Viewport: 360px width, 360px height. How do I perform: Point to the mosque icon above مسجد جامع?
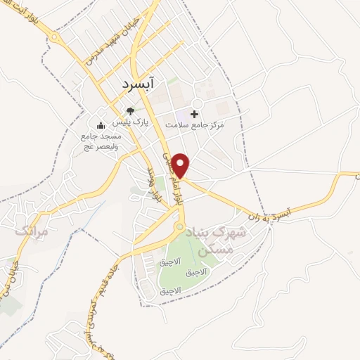click(x=100, y=126)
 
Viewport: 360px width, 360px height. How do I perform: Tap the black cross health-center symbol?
click(x=195, y=113)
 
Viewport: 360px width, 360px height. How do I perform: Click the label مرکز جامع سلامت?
click(x=194, y=124)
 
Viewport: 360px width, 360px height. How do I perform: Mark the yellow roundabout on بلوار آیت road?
click(x=55, y=38)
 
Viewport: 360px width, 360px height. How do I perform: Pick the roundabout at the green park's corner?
click(x=180, y=227)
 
